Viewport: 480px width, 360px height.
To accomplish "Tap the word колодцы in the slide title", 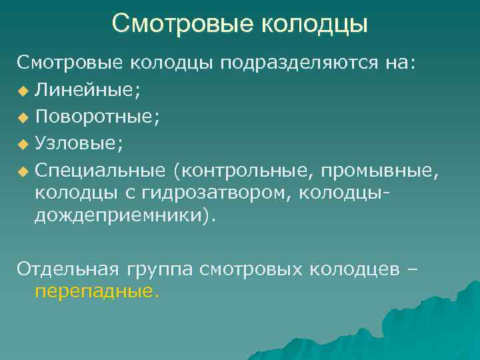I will [313, 24].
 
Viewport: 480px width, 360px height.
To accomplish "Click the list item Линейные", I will [87, 89].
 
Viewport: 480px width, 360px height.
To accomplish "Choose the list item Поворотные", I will [97, 117].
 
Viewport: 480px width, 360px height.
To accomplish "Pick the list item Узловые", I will [79, 143].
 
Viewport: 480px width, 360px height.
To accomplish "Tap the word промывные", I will [379, 171].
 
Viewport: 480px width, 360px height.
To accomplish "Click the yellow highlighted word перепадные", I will [97, 291].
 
